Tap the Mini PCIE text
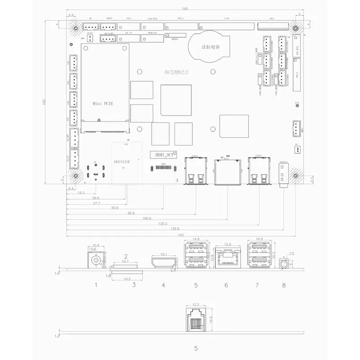pos(103,103)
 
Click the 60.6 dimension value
pos(115,207)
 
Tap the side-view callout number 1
pos(96,285)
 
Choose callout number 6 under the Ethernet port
pos(226,285)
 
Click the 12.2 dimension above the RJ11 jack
pos(195,305)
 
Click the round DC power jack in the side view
pos(95,260)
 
